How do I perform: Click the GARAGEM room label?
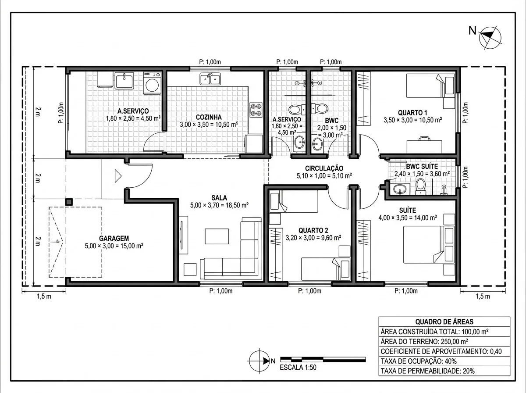coord(114,238)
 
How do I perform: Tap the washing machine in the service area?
coord(152,83)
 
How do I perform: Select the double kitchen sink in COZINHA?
coord(210,79)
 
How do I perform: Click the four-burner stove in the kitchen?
coord(256,110)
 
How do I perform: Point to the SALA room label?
coord(219,198)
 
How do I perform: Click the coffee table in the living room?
coord(217,236)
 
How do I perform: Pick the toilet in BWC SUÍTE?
coord(420,186)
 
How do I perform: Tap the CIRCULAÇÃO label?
coord(324,168)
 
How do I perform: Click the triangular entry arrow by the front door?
coord(117,176)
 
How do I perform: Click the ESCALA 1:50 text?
coord(298,368)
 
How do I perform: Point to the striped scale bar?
coord(323,359)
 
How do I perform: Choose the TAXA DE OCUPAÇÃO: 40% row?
coord(444,361)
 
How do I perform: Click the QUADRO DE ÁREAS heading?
coord(444,322)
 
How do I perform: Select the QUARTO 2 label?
coord(313,230)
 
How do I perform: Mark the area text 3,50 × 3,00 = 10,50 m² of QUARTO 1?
coord(412,120)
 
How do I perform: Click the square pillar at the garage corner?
coord(69,202)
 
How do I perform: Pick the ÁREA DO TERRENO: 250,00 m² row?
coord(444,341)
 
